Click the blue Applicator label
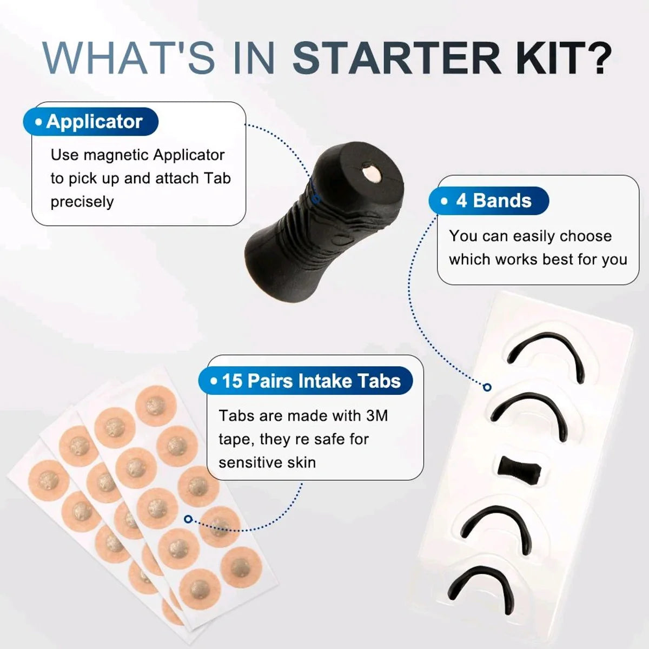tap(90, 122)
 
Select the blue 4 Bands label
tap(489, 201)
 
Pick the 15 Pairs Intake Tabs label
tap(306, 381)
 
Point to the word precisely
tap(82, 202)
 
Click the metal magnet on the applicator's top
tap(372, 174)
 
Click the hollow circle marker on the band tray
tap(487, 387)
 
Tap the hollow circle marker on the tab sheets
tap(188, 519)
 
